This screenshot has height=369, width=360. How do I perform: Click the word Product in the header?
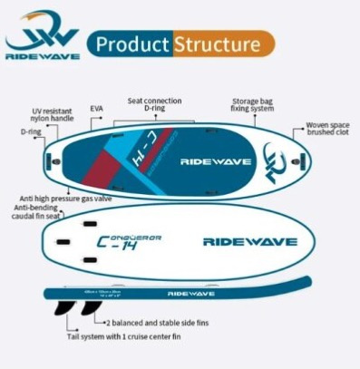(x=132, y=44)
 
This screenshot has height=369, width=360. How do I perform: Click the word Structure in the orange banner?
(x=221, y=44)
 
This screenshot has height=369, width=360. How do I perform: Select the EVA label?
(x=97, y=108)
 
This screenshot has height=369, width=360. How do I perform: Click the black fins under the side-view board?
(x=78, y=310)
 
